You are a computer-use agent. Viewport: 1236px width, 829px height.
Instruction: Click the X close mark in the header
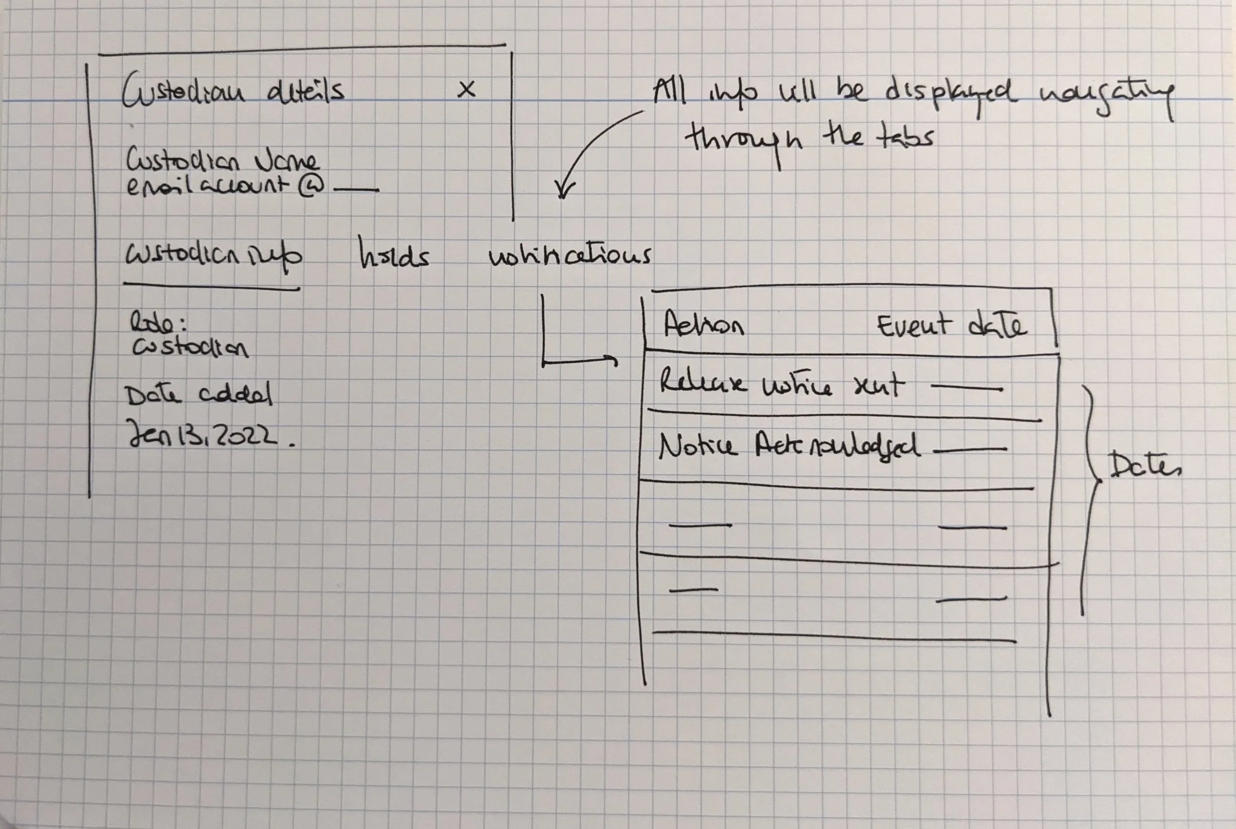[466, 89]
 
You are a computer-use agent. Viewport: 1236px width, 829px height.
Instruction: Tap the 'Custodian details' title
[233, 90]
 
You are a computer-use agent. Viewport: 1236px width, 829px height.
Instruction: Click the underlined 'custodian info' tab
[213, 256]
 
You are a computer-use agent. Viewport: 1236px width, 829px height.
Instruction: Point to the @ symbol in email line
[312, 186]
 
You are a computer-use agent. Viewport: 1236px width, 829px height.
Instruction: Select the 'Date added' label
[199, 394]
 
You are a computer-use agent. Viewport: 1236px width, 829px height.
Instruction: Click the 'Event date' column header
[952, 326]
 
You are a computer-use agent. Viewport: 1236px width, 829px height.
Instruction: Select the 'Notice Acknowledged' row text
[789, 447]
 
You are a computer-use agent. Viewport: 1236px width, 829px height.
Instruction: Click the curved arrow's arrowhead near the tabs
[564, 190]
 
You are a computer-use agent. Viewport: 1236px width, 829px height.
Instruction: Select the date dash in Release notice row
[966, 388]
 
